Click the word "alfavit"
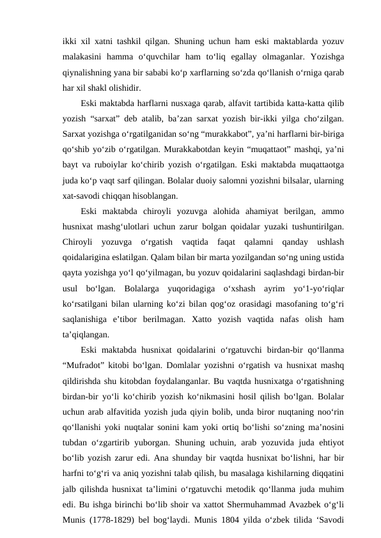click(215, 104)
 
